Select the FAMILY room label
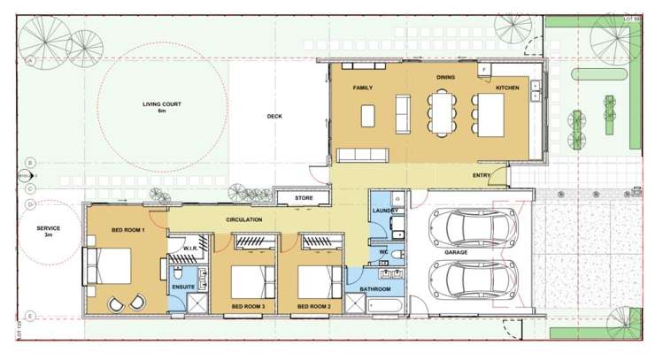[x=362, y=89]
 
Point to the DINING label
[x=445, y=78]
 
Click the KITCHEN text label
[x=507, y=89]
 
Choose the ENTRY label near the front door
[x=482, y=176]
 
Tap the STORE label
[x=304, y=198]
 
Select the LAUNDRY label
[x=383, y=211]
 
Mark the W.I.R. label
[x=189, y=248]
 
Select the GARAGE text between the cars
[x=457, y=252]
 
